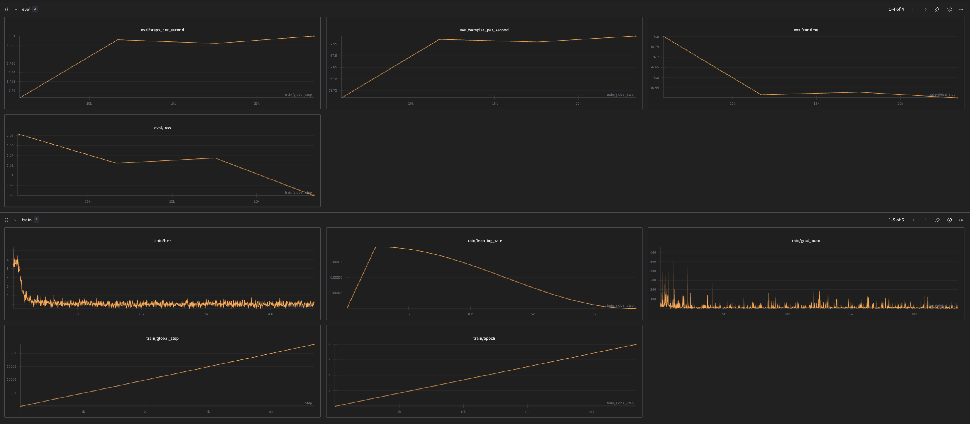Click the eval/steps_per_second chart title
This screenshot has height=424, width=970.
click(162, 30)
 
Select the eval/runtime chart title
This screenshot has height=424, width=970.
click(806, 30)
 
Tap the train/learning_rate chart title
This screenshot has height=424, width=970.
click(484, 240)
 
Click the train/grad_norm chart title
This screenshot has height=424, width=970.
click(806, 240)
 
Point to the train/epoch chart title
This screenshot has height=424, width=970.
click(484, 338)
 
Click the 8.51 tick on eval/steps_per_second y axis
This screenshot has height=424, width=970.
click(12, 36)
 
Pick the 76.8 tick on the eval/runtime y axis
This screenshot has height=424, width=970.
click(655, 37)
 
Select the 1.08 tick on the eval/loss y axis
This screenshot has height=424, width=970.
click(10, 136)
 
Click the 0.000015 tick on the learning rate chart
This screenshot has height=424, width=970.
click(335, 262)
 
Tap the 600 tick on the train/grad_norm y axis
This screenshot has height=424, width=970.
click(653, 252)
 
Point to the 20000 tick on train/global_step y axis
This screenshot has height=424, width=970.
click(12, 353)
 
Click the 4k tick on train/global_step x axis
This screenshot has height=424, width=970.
click(271, 412)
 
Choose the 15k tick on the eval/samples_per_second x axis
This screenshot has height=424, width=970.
click(494, 104)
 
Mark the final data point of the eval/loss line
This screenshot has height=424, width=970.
click(314, 195)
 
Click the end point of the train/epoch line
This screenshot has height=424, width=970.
click(635, 344)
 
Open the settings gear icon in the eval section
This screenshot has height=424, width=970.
click(950, 9)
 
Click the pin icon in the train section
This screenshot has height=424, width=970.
click(937, 220)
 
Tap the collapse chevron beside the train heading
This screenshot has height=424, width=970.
click(16, 220)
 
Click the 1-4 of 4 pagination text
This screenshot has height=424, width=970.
click(896, 9)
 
